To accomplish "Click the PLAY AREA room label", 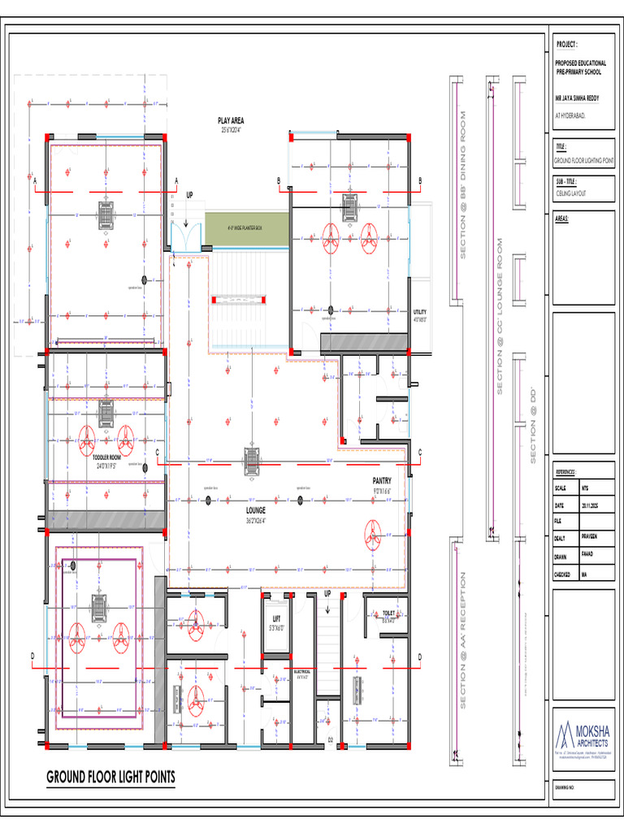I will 231,121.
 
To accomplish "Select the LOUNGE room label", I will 256,510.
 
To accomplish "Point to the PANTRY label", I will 382,481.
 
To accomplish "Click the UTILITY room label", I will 419,312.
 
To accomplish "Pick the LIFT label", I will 276,619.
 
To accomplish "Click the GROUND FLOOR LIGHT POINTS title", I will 110,778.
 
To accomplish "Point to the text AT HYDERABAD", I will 570,115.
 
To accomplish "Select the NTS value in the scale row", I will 585,488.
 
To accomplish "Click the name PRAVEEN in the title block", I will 591,536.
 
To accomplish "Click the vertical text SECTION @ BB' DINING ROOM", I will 464,185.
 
